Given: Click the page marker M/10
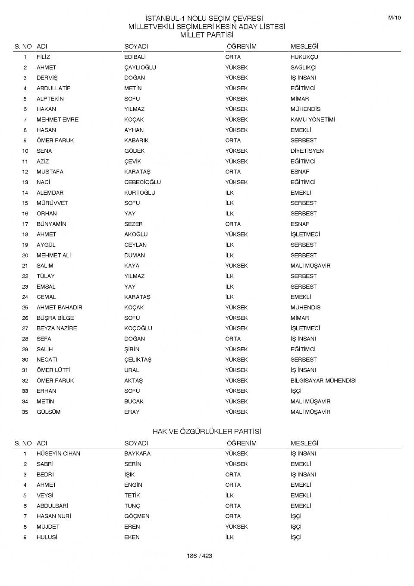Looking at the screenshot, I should tap(394, 18).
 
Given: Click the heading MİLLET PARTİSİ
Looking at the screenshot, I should tap(207, 35).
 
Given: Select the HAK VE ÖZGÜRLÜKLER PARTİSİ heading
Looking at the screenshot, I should tap(207, 432).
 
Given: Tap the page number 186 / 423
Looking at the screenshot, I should tap(199, 556).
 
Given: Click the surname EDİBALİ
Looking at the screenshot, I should tap(135, 57).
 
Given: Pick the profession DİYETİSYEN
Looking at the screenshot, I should tap(307, 151).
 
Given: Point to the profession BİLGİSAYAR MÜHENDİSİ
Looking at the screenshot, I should tap(323, 381).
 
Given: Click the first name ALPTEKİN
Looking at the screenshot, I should tap(50, 99).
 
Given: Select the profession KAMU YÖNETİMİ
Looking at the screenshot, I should tap(312, 120).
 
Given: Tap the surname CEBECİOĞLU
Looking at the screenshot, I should tap(142, 182).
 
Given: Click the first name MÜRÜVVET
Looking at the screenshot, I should tap(52, 203).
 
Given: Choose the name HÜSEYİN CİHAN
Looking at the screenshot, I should tap(58, 454).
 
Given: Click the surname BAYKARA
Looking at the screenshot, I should tap(137, 454).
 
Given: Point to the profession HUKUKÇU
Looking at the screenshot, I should tap(304, 57).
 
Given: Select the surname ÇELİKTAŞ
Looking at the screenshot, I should tap(138, 359).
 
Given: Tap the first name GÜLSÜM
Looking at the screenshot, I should tap(48, 412).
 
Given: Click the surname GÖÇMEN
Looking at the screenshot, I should tap(137, 516).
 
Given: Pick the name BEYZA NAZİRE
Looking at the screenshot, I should tap(56, 328).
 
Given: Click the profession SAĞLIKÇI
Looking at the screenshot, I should tap(303, 67).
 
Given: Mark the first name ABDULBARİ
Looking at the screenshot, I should tap(52, 506).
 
